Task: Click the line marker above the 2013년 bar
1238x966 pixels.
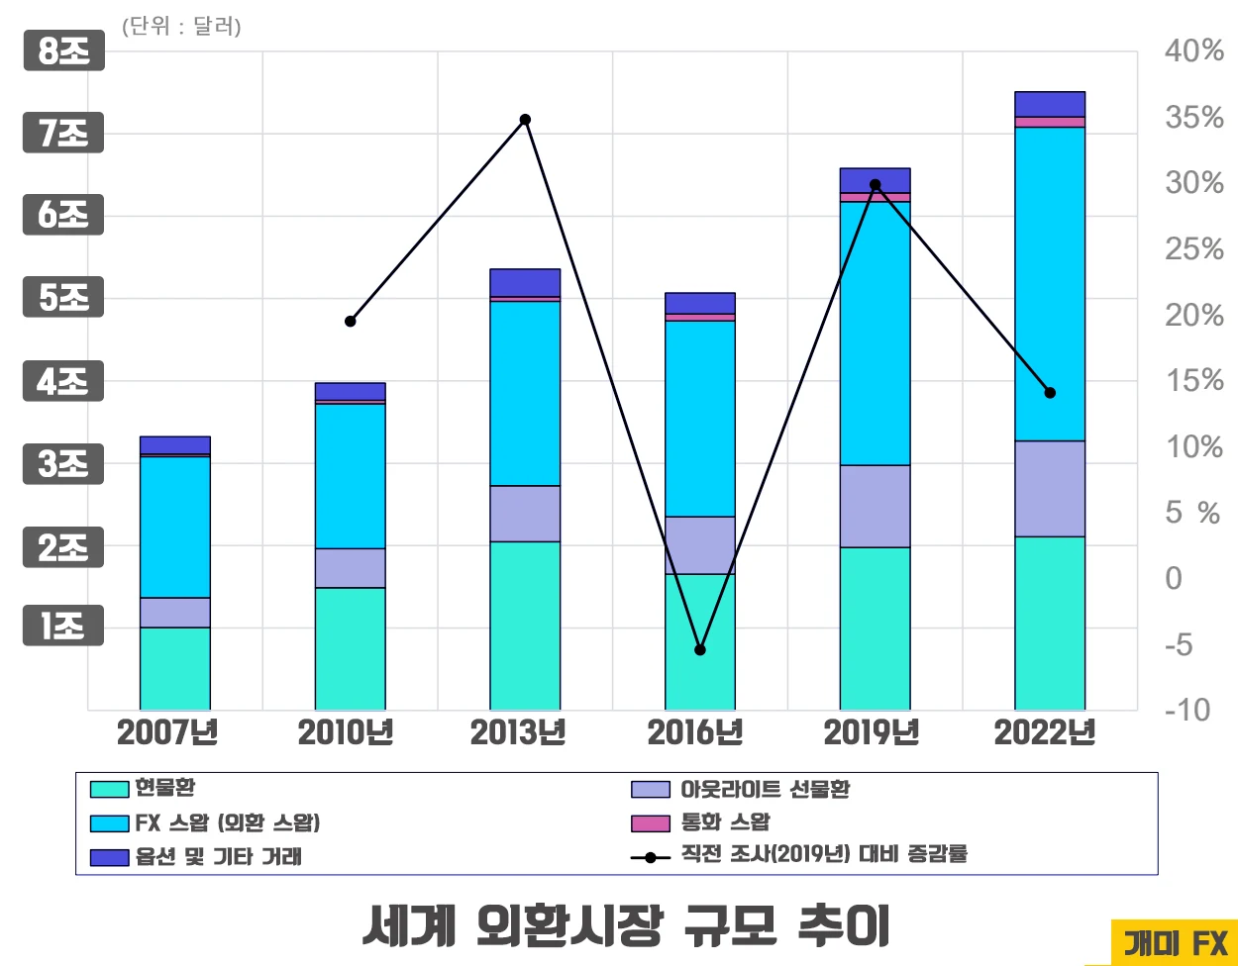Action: [x=526, y=120]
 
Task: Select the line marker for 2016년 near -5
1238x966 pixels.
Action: [x=700, y=650]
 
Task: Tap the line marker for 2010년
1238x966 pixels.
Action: [x=351, y=322]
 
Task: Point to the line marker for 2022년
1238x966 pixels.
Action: [x=1051, y=393]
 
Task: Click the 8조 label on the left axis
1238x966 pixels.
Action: [x=63, y=52]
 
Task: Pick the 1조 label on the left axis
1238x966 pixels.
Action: [x=63, y=627]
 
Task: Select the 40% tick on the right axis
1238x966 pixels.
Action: [x=1193, y=51]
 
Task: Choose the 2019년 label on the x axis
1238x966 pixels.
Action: [x=872, y=733]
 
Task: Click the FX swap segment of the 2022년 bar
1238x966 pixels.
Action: [x=1050, y=283]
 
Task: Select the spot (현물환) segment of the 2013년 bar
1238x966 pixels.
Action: [x=525, y=625]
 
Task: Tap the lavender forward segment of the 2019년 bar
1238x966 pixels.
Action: [x=875, y=506]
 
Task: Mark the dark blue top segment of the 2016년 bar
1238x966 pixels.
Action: [x=700, y=303]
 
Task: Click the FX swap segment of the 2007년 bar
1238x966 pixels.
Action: [x=175, y=527]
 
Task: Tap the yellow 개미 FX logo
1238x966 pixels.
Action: [x=1175, y=943]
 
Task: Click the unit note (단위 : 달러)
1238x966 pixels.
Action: [x=181, y=27]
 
